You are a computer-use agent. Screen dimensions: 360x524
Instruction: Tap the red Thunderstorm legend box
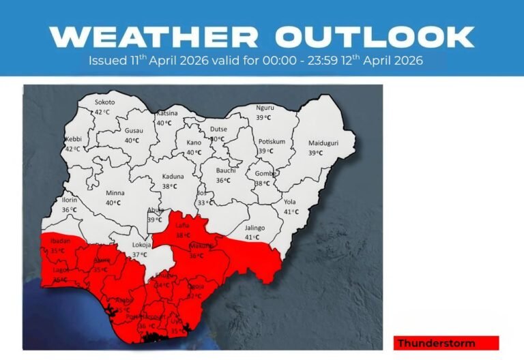pyautogui.click(x=446, y=342)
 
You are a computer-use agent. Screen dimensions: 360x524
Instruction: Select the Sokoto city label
pyautogui.click(x=104, y=102)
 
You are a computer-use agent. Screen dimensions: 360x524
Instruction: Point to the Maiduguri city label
pyautogui.click(x=323, y=143)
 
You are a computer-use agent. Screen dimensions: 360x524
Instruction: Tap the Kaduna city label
pyautogui.click(x=173, y=176)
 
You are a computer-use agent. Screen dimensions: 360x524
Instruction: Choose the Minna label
pyautogui.click(x=113, y=192)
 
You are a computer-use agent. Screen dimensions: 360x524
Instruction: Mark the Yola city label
pyautogui.click(x=291, y=202)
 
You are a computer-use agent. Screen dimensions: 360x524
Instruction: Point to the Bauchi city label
pyautogui.click(x=225, y=170)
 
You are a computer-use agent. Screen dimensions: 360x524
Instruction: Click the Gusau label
pyautogui.click(x=133, y=130)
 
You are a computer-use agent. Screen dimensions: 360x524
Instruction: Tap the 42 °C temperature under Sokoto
pyautogui.click(x=102, y=112)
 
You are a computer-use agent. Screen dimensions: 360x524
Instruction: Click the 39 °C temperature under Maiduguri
pyautogui.click(x=315, y=153)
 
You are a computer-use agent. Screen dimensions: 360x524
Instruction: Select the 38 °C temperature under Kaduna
pyautogui.click(x=169, y=186)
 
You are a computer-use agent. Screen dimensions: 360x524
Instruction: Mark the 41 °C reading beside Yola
pyautogui.click(x=291, y=212)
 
